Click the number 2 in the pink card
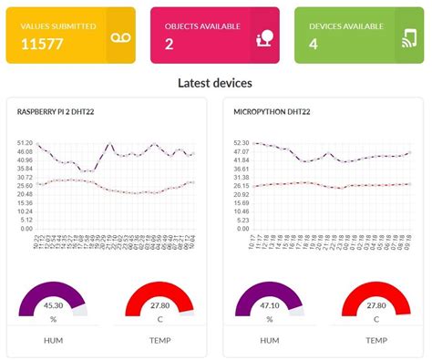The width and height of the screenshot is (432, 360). click(170, 44)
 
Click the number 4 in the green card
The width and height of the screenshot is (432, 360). click(314, 44)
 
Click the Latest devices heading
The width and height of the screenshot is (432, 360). click(215, 83)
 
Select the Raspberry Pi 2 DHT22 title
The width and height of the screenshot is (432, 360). click(58, 112)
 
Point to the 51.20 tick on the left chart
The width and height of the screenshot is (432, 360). click(25, 143)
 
